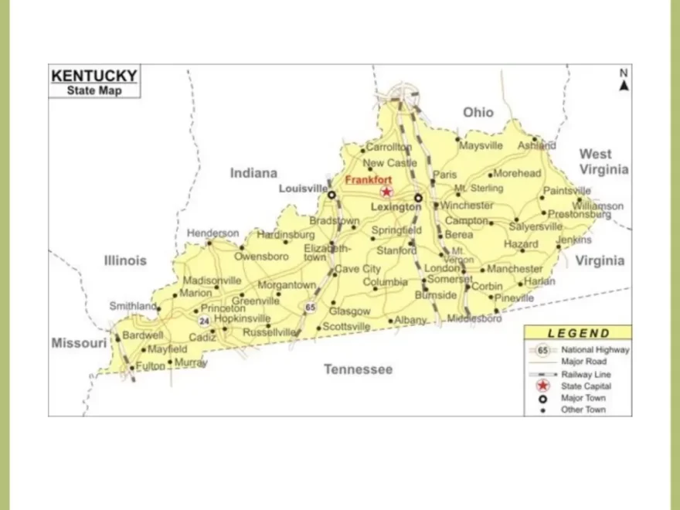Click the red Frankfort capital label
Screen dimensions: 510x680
tap(368, 180)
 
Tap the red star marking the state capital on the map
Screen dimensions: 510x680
tap(386, 192)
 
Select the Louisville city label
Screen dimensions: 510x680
tap(303, 189)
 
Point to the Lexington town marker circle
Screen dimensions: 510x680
tap(418, 197)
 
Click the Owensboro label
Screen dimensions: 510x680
tap(261, 256)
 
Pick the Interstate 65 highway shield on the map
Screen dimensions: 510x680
tap(310, 307)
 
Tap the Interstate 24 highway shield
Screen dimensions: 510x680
tap(204, 320)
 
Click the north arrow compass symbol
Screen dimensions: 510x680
tap(624, 81)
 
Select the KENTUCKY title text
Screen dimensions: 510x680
tap(94, 76)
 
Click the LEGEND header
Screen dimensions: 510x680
tap(578, 334)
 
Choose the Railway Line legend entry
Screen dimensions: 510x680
tap(585, 374)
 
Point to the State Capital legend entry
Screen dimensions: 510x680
tap(586, 386)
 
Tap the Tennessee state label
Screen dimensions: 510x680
tap(358, 369)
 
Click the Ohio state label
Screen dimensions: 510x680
tap(478, 113)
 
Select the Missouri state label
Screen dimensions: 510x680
tap(79, 343)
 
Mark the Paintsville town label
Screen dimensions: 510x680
tap(566, 191)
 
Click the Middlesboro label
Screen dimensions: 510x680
tap(474, 318)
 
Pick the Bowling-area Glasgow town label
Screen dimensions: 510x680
tap(349, 311)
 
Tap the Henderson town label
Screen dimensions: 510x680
tap(212, 233)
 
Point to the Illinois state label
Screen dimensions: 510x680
tap(125, 260)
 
